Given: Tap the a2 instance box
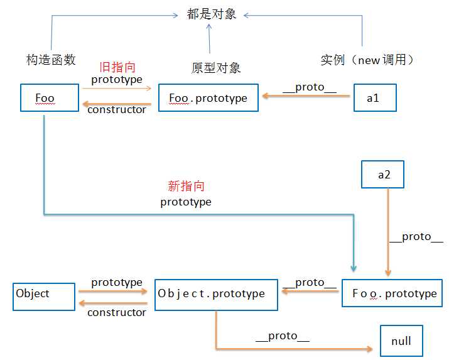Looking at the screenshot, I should pyautogui.click(x=382, y=175).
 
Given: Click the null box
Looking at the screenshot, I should pyautogui.click(x=401, y=341).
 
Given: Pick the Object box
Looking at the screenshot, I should pyautogui.click(x=44, y=294).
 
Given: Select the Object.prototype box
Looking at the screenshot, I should pyautogui.click(x=215, y=294).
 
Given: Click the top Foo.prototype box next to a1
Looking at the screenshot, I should pyautogui.click(x=208, y=99).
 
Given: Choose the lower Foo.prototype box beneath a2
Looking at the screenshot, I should pyautogui.click(x=394, y=293).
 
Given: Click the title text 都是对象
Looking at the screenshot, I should pyautogui.click(x=212, y=14).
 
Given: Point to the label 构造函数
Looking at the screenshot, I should pyautogui.click(x=51, y=60).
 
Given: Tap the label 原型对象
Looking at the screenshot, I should pyautogui.click(x=216, y=67).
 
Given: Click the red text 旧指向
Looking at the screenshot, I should pyautogui.click(x=118, y=67).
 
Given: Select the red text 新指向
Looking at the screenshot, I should pyautogui.click(x=186, y=186).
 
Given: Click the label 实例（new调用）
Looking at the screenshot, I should pyautogui.click(x=367, y=60).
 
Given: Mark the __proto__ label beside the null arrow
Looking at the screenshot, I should pyautogui.click(x=283, y=336).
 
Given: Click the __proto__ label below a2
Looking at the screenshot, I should pyautogui.click(x=416, y=237).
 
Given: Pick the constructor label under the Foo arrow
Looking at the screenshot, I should pyautogui.click(x=117, y=110).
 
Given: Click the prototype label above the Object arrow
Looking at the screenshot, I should pyautogui.click(x=117, y=283).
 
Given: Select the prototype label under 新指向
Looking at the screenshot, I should pyautogui.click(x=186, y=202).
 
